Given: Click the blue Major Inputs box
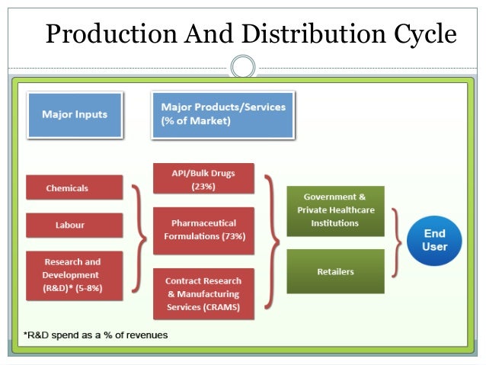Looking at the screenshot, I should point(74,115).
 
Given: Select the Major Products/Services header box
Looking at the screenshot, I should point(222,115).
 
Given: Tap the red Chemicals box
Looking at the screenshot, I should point(74,187).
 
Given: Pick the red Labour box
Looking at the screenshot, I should point(74,225).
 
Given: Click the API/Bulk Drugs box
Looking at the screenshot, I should point(203,179).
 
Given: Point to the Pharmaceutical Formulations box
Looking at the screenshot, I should point(203,229).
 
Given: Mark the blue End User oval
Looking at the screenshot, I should point(436,240).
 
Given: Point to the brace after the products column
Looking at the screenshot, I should point(271,238).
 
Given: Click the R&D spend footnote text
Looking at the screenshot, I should point(95,335).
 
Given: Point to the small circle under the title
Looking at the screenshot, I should point(243,67).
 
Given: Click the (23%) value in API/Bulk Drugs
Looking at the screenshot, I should point(203,186).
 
